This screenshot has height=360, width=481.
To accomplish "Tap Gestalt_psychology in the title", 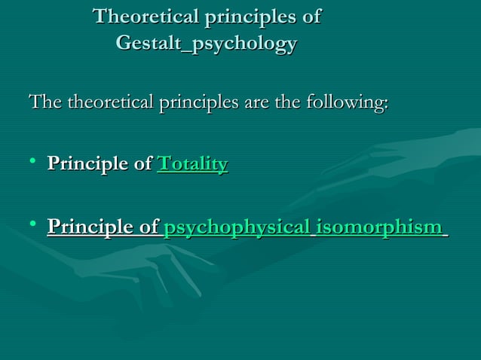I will [206, 44].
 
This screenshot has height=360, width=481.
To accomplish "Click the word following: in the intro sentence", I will [347, 103].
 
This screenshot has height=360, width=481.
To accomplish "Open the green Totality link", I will [192, 164].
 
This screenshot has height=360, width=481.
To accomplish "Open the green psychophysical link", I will [236, 227].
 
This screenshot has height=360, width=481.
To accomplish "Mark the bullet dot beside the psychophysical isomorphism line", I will [32, 224].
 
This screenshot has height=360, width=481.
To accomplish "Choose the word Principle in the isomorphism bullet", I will [89, 227].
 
